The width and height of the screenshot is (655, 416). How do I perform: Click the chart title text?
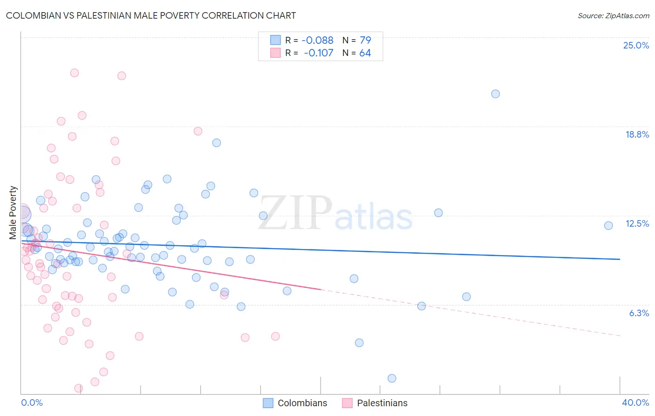point(151,15)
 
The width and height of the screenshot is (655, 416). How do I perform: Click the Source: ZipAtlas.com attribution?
point(613,15)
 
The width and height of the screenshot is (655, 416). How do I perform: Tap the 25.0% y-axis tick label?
point(636,45)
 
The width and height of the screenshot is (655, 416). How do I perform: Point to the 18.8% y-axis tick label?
point(637,134)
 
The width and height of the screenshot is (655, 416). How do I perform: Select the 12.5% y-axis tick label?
point(637,223)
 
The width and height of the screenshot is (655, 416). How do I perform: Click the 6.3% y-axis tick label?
point(639,313)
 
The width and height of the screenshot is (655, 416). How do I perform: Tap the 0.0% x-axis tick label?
point(32,402)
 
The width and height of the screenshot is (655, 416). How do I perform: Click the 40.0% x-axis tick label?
point(635,402)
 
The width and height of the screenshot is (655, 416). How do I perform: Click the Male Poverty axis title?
point(13,213)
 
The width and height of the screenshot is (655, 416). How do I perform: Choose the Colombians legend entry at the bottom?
point(295,403)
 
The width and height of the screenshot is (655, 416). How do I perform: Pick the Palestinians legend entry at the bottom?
point(375,403)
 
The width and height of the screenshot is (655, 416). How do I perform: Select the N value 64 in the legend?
point(365,53)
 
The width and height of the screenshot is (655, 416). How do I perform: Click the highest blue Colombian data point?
point(496,94)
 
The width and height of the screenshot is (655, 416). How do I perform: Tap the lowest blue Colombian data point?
point(392,378)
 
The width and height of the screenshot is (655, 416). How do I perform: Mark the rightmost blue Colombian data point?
point(608,226)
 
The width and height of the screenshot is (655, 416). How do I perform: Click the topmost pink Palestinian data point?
point(75,73)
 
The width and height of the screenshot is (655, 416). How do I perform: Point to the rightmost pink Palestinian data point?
point(275,336)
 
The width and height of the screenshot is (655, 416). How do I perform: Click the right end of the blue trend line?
point(620,259)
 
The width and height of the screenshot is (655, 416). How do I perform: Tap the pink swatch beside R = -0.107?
point(275,53)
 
